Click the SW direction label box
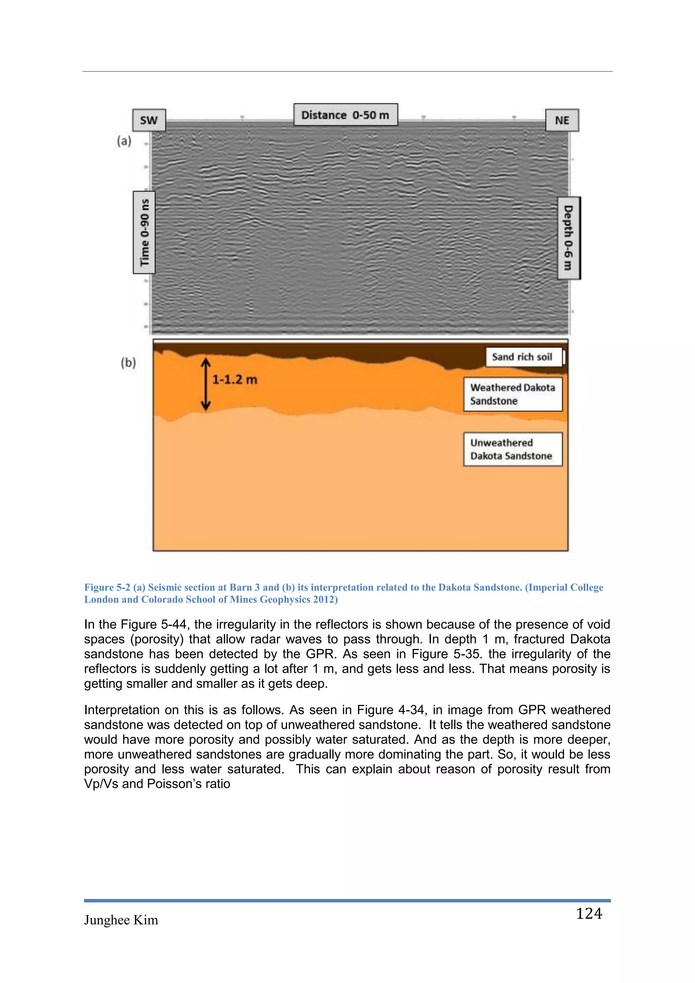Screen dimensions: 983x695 click(149, 120)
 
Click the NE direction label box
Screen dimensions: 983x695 click(562, 120)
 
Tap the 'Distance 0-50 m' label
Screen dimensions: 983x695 click(345, 115)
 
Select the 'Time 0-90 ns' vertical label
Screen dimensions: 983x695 click(144, 233)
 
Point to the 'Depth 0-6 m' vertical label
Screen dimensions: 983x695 click(569, 238)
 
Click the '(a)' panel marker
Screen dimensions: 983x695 click(124, 141)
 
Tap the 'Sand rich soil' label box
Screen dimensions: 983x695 click(523, 357)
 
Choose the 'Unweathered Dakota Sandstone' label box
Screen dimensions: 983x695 click(513, 449)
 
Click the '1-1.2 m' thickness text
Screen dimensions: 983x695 click(234, 380)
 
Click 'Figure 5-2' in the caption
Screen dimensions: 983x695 click(107, 588)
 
